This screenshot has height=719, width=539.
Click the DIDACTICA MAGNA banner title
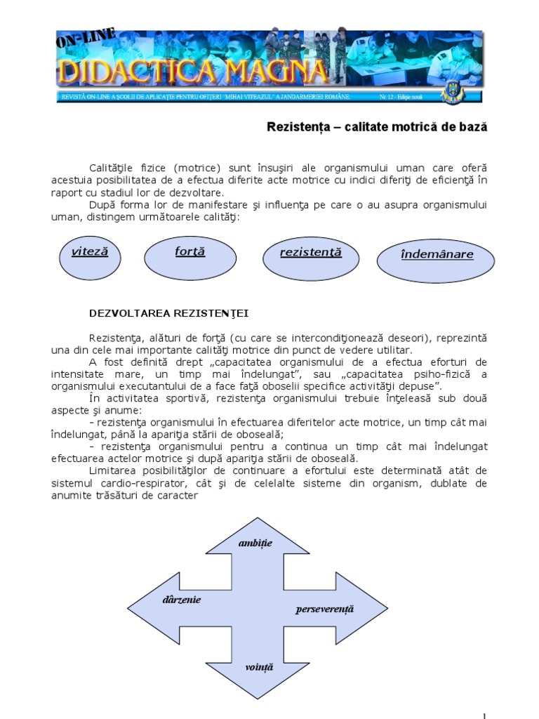click(193, 70)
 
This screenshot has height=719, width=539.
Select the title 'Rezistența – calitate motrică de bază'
click(377, 128)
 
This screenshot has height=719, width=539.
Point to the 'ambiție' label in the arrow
click(255, 544)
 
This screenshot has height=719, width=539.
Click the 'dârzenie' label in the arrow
click(181, 600)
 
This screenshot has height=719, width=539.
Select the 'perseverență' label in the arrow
click(325, 609)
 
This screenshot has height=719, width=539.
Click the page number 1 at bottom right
click(484, 715)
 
